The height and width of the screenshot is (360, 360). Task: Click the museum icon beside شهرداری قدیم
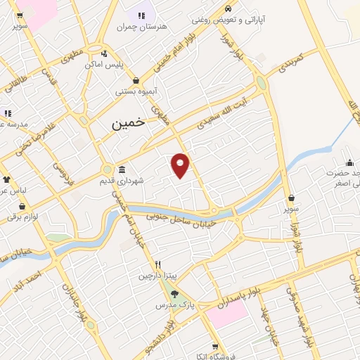click(x=122, y=169)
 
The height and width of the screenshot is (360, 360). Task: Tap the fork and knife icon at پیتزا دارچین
click(x=158, y=265)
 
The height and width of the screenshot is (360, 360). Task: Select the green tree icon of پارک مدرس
click(x=174, y=295)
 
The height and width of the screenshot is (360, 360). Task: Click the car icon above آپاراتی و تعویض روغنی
click(x=228, y=8)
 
